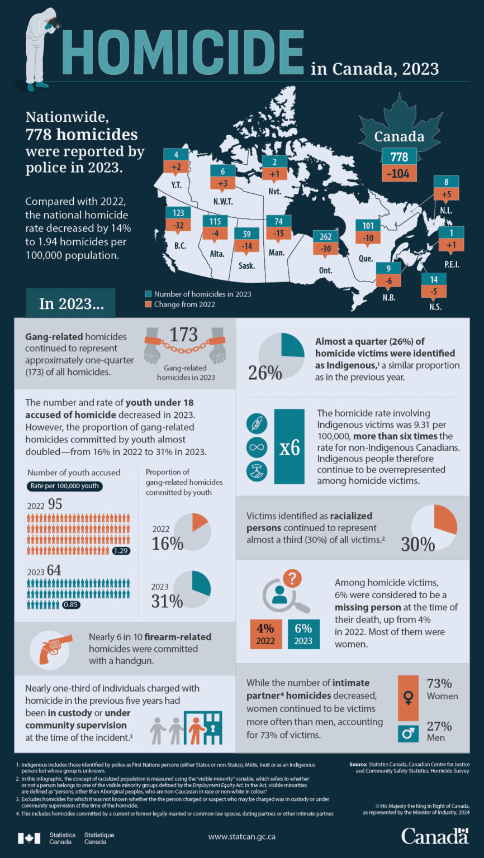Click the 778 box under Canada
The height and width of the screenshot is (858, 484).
[x=399, y=157]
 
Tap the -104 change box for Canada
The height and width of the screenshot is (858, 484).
[x=399, y=174]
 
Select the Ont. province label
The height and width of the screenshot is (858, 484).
[x=325, y=271]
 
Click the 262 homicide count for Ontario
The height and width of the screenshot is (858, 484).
[x=325, y=236]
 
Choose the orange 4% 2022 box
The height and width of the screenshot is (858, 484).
[x=265, y=633]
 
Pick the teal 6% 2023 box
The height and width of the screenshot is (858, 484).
[x=303, y=633]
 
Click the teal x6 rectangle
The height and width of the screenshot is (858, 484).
[x=290, y=447]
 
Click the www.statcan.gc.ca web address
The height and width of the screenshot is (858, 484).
[x=241, y=837]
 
